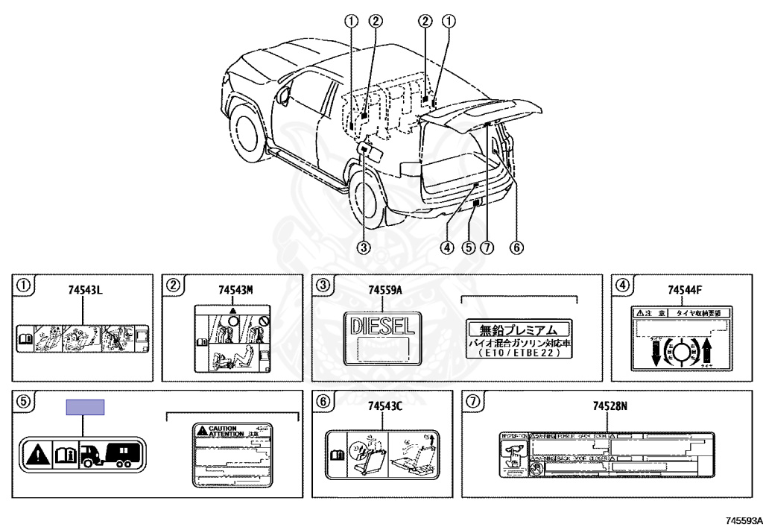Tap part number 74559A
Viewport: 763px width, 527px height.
pyautogui.click(x=385, y=290)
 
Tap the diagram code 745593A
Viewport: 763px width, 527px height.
pyautogui.click(x=740, y=519)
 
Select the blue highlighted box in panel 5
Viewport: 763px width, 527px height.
pyautogui.click(x=85, y=407)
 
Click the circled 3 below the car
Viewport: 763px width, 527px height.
pyautogui.click(x=364, y=248)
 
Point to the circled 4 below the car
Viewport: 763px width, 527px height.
pyautogui.click(x=446, y=248)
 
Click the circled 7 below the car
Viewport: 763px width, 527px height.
pyautogui.click(x=487, y=248)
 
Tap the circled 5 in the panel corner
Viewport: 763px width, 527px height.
pyautogui.click(x=24, y=401)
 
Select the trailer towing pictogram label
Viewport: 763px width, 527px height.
pyautogui.click(x=82, y=454)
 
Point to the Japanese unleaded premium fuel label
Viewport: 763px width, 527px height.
pyautogui.click(x=519, y=340)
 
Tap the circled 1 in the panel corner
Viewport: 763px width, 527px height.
pyautogui.click(x=24, y=285)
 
